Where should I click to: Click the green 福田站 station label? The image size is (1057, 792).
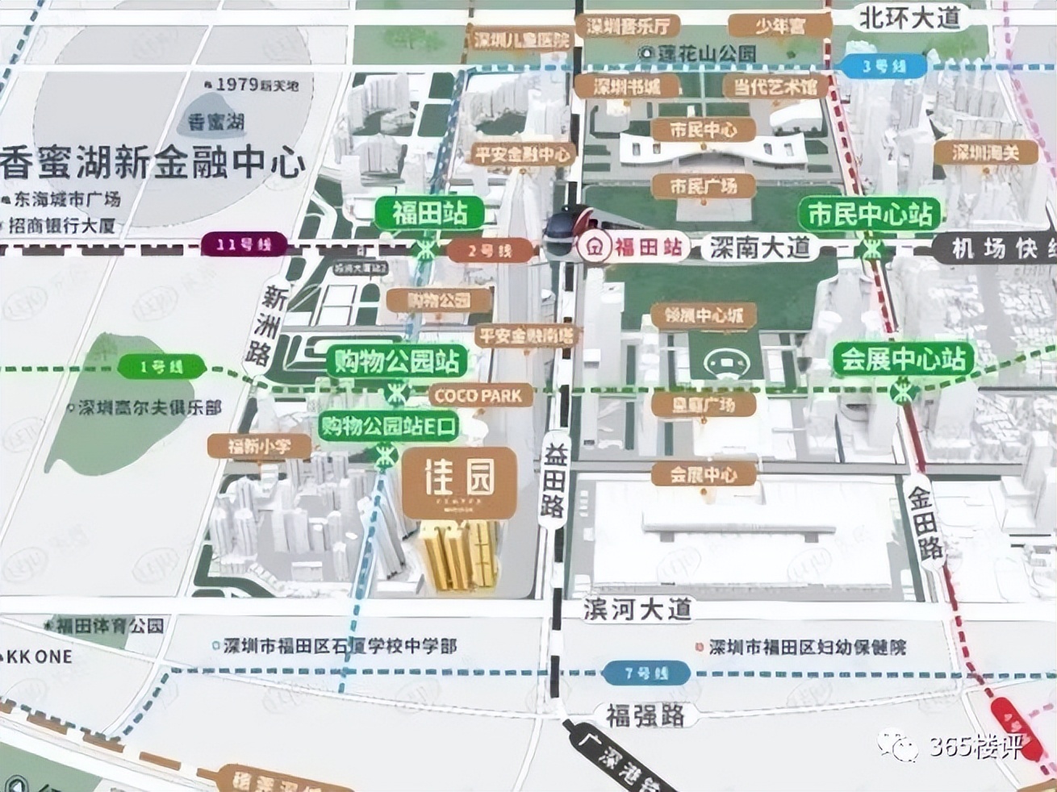pyautogui.click(x=430, y=214)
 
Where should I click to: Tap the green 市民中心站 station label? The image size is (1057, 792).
pyautogui.click(x=870, y=215)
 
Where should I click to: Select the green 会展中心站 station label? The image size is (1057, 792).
pyautogui.click(x=903, y=359)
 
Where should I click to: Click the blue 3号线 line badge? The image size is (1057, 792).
pyautogui.click(x=884, y=65)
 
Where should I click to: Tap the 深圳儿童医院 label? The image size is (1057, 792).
pyautogui.click(x=520, y=40)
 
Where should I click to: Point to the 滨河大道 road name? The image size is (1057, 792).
pyautogui.click(x=638, y=610)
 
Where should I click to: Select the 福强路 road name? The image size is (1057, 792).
pyautogui.click(x=645, y=715)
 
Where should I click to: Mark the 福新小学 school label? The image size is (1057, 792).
pyautogui.click(x=258, y=445)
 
